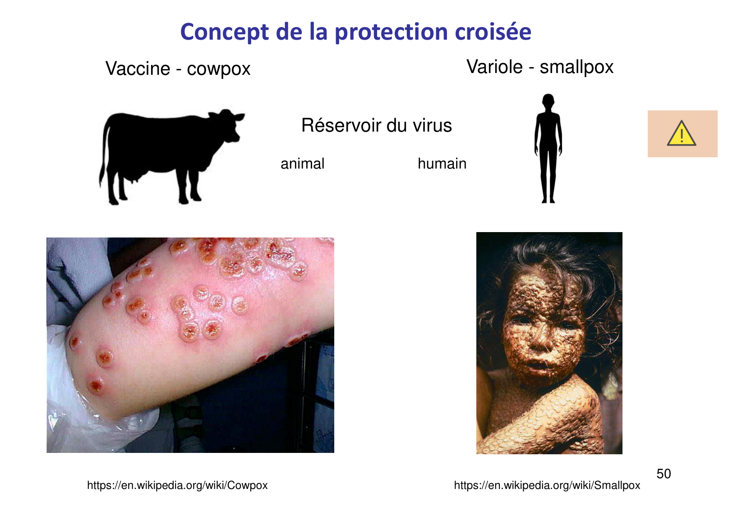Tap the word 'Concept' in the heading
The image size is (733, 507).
tap(224, 32)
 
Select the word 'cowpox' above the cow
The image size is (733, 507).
tap(218, 69)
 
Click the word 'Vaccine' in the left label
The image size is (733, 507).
tap(138, 69)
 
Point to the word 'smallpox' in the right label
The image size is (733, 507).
tap(576, 67)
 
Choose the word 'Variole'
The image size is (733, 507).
tap(494, 67)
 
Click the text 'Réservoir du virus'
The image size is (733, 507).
tap(376, 125)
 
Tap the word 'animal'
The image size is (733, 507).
tap(302, 164)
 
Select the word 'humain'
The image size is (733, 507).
tap(442, 164)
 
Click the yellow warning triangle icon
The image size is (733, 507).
tap(681, 134)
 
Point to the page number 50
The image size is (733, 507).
tap(664, 474)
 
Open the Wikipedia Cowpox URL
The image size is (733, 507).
tap(177, 485)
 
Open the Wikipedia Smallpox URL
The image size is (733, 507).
tap(547, 485)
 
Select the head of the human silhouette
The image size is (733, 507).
tap(548, 102)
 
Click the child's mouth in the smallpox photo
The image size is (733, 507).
tap(537, 363)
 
